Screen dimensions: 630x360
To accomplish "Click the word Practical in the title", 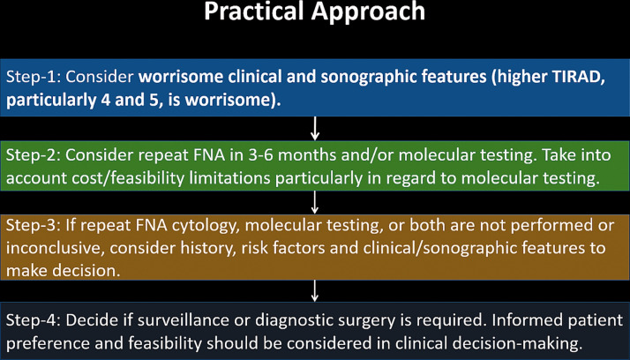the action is click(x=254, y=11).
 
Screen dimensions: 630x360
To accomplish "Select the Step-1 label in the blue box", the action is click(x=33, y=77).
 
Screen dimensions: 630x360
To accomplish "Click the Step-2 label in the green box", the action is click(x=33, y=155).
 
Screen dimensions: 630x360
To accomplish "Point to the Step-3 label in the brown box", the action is click(x=33, y=225).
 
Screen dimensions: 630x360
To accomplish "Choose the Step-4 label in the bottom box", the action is click(x=33, y=319).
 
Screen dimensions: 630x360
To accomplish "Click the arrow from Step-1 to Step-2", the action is click(x=315, y=129).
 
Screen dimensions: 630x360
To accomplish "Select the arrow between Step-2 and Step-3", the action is click(x=315, y=202).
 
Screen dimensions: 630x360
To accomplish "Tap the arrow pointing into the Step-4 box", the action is click(x=315, y=291).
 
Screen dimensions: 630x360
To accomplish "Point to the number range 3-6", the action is click(x=260, y=155).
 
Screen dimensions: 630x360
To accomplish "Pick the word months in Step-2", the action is click(x=307, y=155).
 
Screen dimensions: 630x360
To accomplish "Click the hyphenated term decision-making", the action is click(x=489, y=344).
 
